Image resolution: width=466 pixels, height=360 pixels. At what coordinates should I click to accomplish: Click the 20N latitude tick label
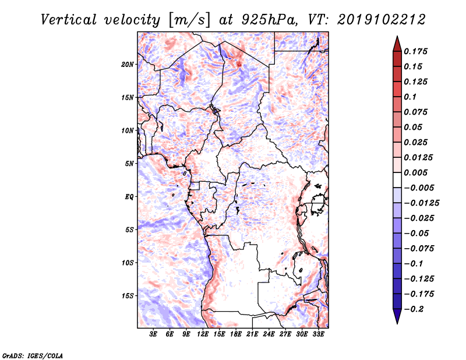(x=127, y=65)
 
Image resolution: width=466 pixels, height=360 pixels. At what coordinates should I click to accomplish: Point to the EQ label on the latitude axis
(x=129, y=197)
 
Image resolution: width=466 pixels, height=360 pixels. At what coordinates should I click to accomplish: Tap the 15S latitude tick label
(x=128, y=296)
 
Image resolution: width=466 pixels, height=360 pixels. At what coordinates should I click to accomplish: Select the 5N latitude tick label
(x=129, y=164)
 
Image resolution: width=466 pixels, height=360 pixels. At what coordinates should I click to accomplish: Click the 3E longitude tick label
(x=153, y=334)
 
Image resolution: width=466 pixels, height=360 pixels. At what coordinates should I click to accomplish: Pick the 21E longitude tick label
(x=252, y=334)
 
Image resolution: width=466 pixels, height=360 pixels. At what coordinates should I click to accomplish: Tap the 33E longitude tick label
(x=318, y=334)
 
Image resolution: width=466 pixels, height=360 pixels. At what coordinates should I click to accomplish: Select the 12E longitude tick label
(x=203, y=334)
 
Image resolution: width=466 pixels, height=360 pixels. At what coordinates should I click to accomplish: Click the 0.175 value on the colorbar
(x=415, y=51)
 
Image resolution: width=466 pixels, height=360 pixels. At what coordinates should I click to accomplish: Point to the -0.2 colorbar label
(x=414, y=309)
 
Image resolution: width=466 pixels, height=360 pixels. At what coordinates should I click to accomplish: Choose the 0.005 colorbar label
(x=415, y=172)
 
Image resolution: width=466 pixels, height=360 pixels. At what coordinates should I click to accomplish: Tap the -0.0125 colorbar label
(x=421, y=203)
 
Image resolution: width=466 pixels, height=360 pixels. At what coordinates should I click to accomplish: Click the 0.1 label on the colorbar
(x=410, y=97)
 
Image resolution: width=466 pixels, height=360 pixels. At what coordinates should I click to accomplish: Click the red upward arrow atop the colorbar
(x=397, y=44)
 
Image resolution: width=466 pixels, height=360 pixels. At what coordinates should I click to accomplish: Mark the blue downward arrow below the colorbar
(x=397, y=316)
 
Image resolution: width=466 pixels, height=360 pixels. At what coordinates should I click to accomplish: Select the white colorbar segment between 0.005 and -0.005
(x=397, y=180)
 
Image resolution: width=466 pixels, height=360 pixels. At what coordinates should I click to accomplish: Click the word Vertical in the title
(x=69, y=20)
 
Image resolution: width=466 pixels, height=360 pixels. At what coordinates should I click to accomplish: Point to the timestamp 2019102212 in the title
(x=382, y=20)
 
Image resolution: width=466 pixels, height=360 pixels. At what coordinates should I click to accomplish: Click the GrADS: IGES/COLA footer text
(x=33, y=355)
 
